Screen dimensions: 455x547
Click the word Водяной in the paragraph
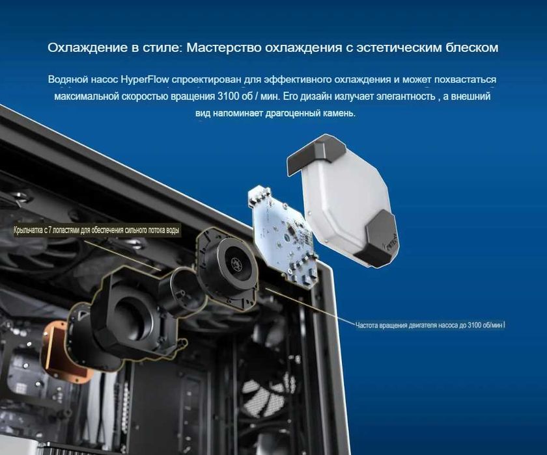(x=68, y=79)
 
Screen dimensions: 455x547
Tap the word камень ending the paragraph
(x=339, y=113)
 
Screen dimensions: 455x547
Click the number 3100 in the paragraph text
(x=221, y=96)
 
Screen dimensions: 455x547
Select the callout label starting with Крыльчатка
(x=97, y=231)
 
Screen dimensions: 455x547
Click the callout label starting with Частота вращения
(x=430, y=324)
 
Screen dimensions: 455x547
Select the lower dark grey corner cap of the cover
(x=380, y=240)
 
